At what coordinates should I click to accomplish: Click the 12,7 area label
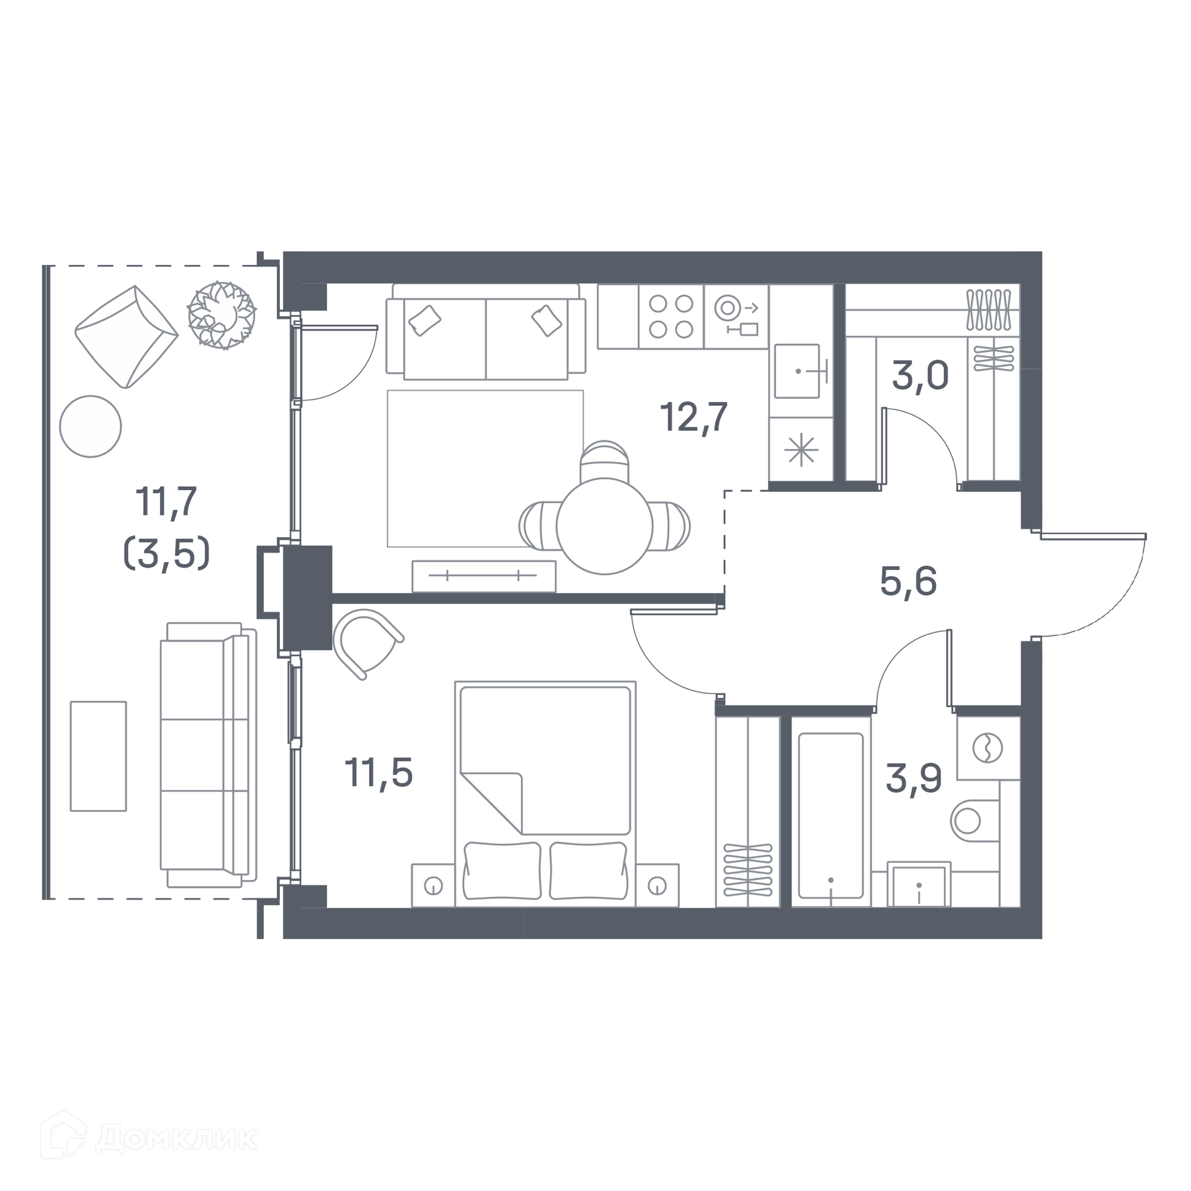tap(694, 417)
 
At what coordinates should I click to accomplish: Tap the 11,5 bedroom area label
tap(378, 773)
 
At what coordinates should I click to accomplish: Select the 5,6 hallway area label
tap(908, 581)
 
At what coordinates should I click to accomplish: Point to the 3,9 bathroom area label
tap(914, 778)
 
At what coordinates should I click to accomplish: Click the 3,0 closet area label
tap(920, 375)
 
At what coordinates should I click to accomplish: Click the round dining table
tap(604, 526)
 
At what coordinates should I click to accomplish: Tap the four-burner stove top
tap(671, 316)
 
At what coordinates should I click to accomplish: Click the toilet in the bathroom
tap(975, 821)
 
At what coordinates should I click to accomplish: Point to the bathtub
tap(831, 815)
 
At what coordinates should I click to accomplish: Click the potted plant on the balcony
tap(222, 315)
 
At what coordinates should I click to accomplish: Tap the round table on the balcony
tap(91, 427)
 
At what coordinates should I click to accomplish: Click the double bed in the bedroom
tap(545, 794)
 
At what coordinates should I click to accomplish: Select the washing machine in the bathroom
tap(988, 747)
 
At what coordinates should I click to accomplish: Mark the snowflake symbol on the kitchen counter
tap(801, 449)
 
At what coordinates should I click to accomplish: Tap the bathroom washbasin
tap(919, 884)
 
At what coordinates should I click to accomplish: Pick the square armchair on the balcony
tap(127, 337)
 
